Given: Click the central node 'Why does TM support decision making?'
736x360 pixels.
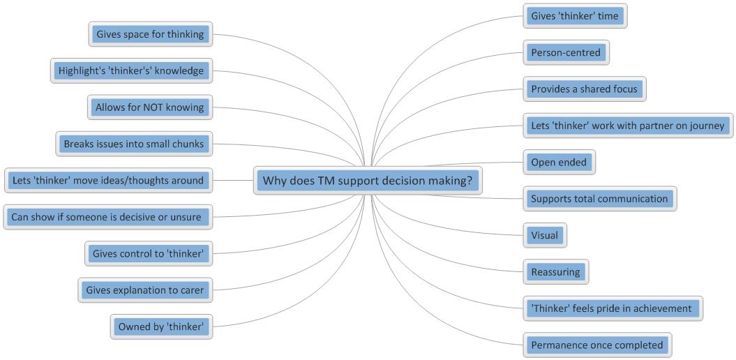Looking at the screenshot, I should tap(368, 181).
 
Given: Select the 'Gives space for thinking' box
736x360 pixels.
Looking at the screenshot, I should tap(150, 34).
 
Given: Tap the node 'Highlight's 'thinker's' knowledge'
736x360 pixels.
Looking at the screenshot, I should tap(131, 70).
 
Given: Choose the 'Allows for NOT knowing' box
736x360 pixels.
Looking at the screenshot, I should tap(150, 107).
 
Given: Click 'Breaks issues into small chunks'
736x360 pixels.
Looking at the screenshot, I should tap(133, 144).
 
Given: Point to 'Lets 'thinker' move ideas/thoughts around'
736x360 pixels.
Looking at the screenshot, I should tap(108, 181).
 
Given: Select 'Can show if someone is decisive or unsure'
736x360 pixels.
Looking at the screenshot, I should tap(106, 217).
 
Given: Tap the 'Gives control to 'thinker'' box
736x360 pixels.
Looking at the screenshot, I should tap(148, 254).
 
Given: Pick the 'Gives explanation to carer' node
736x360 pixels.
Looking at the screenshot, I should tap(144, 290).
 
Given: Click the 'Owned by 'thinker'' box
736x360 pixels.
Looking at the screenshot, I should tap(161, 326).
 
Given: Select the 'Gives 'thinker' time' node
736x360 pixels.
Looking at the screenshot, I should tap(574, 16).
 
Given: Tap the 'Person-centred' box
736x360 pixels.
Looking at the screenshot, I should tap(565, 52).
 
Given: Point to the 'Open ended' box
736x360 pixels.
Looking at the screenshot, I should tap(559, 163).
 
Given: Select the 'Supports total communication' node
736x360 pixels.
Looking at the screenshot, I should tap(599, 199).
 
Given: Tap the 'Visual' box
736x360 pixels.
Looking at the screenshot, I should tap(544, 235).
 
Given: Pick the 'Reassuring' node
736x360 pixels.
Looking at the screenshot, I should tap(555, 272).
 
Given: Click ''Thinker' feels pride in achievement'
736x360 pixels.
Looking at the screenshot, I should tap(611, 308).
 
